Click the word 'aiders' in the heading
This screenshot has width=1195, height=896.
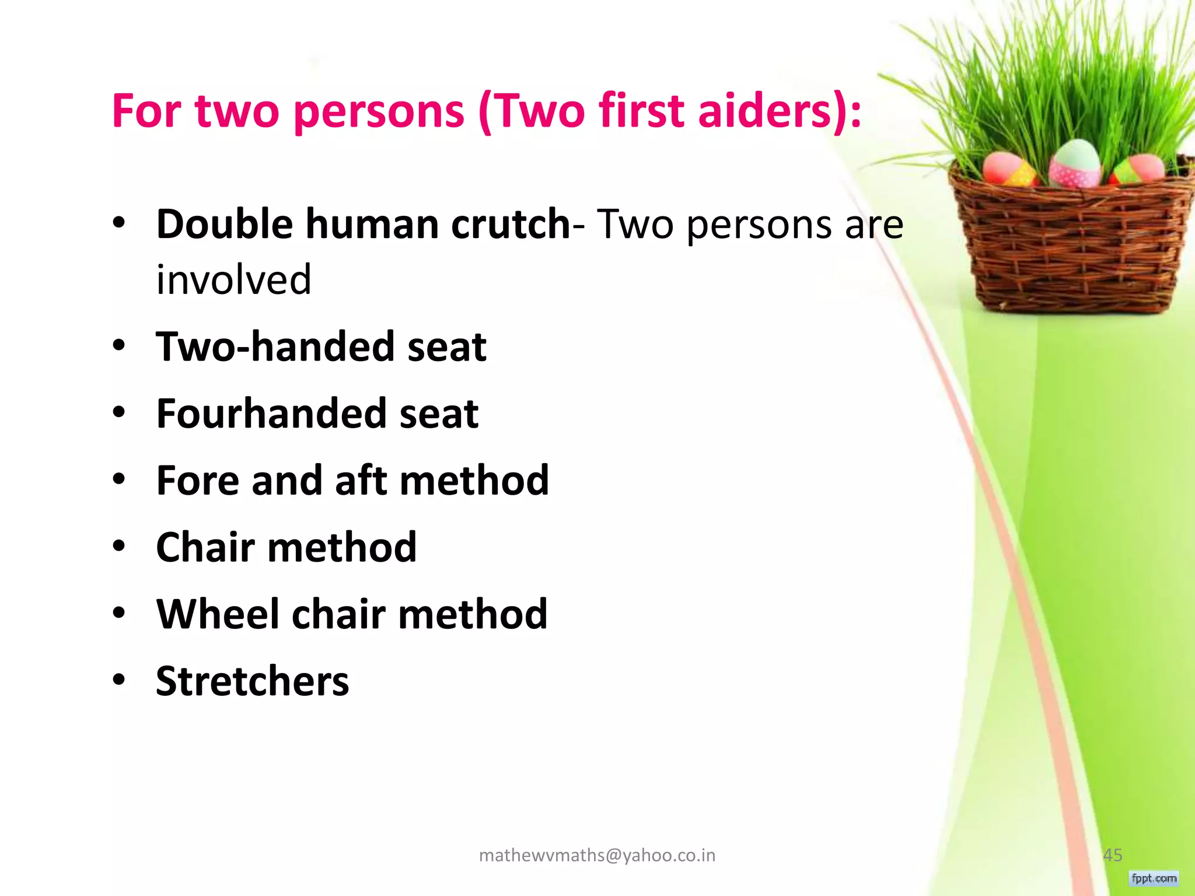pyautogui.click(x=764, y=111)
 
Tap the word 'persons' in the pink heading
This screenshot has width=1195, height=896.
pyautogui.click(x=379, y=112)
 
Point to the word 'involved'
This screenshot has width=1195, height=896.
pyautogui.click(x=233, y=279)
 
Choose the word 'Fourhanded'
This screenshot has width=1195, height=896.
pyautogui.click(x=271, y=414)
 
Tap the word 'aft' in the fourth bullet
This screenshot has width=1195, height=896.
pyautogui.click(x=361, y=481)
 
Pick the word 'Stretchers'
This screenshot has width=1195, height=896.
pyautogui.click(x=252, y=681)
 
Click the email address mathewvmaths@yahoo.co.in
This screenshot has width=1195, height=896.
pyautogui.click(x=597, y=855)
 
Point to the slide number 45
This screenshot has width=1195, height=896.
pyautogui.click(x=1113, y=855)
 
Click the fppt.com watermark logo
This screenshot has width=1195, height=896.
pyautogui.click(x=1154, y=878)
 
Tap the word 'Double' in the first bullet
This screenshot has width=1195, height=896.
pyautogui.click(x=225, y=225)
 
